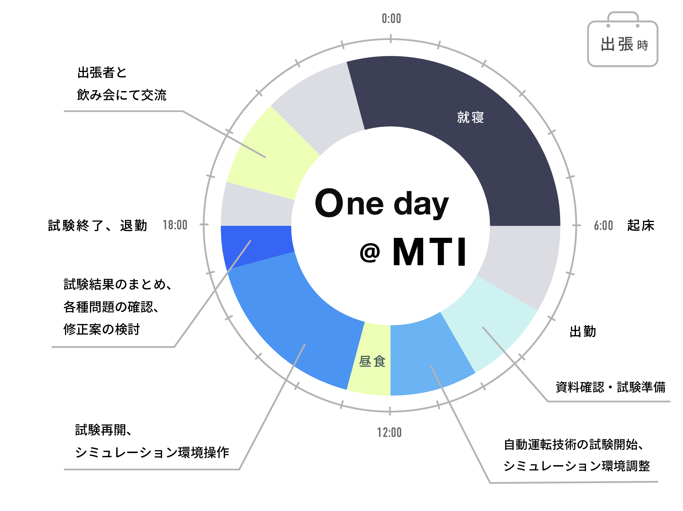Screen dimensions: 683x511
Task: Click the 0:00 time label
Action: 391,19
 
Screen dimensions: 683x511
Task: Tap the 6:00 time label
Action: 603,226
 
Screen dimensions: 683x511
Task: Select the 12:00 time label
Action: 389,432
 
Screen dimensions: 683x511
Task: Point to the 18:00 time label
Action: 175,225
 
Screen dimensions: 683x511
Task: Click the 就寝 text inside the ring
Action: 470,118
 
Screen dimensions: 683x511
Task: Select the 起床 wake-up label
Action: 641,226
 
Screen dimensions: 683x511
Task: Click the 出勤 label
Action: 583,332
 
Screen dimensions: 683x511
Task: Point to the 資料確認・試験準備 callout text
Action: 610,387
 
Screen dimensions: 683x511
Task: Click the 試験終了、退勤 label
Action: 98,226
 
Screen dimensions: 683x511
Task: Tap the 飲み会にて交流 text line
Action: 122,95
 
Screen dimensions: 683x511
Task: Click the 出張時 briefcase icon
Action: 622,39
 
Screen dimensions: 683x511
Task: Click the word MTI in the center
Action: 429,251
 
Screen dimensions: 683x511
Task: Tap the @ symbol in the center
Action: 370,253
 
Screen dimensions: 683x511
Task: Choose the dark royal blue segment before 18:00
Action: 256,246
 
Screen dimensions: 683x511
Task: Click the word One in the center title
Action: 349,203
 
